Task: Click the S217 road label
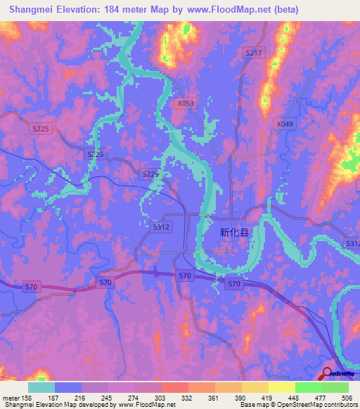254,53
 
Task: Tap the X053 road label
186,103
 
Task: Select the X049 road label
284,124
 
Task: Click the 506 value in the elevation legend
346,398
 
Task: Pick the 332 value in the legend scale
186,398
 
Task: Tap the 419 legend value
266,398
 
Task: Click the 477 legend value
320,398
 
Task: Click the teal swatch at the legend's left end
41,387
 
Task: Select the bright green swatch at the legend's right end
335,387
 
